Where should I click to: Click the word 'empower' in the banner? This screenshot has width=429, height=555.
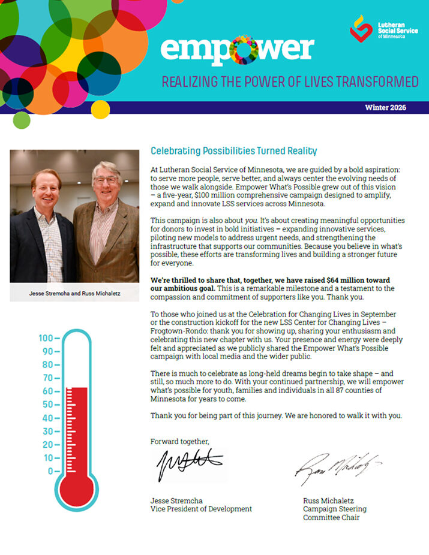(x=237, y=50)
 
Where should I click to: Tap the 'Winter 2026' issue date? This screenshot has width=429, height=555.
(x=386, y=108)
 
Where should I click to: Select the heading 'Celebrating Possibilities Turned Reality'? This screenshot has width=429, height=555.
(x=233, y=151)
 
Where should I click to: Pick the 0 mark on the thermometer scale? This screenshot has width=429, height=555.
(x=50, y=471)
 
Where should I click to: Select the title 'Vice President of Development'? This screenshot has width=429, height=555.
(x=201, y=509)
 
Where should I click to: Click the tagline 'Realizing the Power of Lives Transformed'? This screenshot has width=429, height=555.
(x=290, y=82)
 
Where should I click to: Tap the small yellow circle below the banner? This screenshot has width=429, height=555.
(x=100, y=110)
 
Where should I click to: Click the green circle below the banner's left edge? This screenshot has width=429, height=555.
(x=22, y=120)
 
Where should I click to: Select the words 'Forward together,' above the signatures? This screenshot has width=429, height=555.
(x=180, y=441)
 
